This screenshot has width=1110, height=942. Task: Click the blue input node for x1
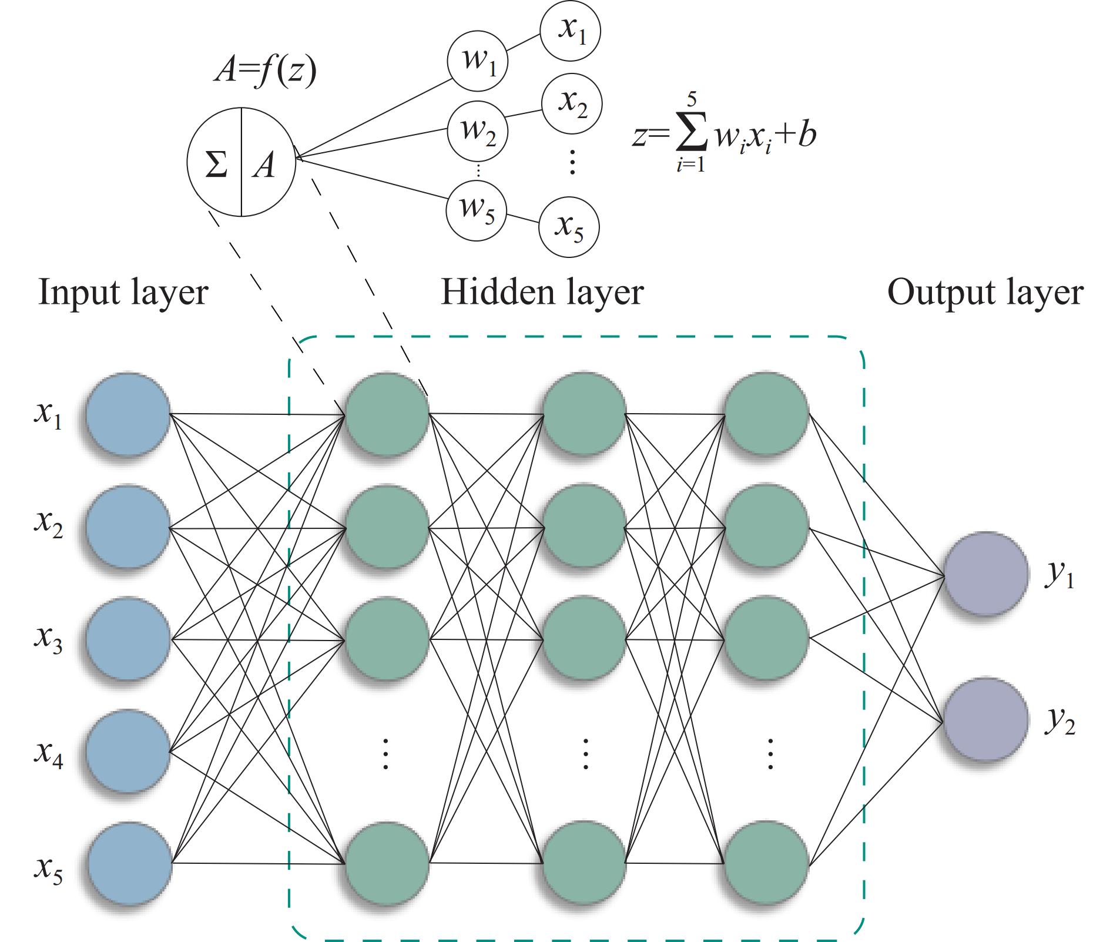(128, 414)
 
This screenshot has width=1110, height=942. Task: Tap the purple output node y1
(985, 574)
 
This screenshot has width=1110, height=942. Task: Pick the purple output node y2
(985, 720)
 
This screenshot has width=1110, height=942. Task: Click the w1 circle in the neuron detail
(478, 61)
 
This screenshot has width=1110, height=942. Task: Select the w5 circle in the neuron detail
(477, 210)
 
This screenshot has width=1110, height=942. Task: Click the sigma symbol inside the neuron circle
(216, 164)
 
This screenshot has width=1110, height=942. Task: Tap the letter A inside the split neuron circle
(265, 164)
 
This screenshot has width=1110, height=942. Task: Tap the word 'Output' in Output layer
(933, 292)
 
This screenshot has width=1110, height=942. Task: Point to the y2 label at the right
(1059, 723)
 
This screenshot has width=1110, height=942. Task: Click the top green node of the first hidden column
(387, 414)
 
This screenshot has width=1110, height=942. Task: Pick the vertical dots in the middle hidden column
(585, 754)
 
